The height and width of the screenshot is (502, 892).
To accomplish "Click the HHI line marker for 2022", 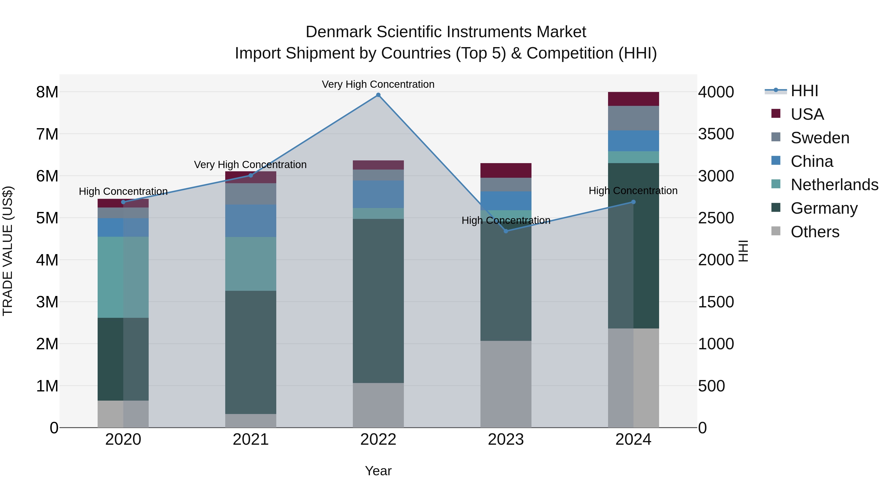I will click(x=378, y=95).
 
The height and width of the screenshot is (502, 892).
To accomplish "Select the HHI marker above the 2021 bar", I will click(x=251, y=175).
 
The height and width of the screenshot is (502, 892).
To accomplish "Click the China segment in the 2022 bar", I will click(x=378, y=194).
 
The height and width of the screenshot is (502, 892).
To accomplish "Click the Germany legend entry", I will click(x=824, y=208).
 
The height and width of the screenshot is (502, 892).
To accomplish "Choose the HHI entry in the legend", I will click(x=804, y=91).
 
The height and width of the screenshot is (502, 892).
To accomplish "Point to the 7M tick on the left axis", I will click(x=47, y=134).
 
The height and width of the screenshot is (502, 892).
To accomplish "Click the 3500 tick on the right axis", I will click(x=716, y=134).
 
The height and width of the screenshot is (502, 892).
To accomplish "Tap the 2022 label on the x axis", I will click(x=378, y=440).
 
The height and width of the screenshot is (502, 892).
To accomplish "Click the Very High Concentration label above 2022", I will click(x=378, y=84).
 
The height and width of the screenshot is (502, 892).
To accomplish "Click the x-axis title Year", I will click(x=378, y=471).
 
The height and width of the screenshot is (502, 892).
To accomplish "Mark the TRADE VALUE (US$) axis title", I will click(x=8, y=251).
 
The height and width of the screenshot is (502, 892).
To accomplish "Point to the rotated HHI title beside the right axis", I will click(x=743, y=251).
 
